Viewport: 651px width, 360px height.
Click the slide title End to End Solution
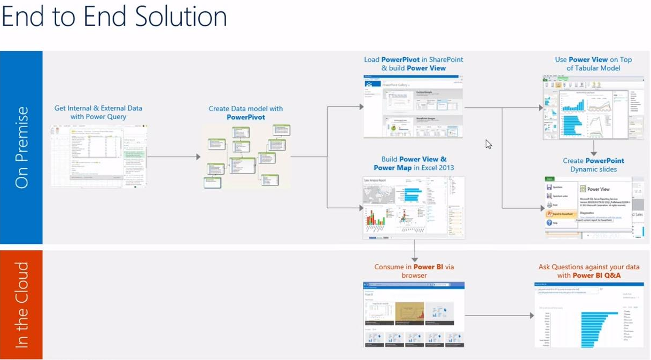pyautogui.click(x=114, y=17)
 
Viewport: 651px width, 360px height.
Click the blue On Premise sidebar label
pyautogui.click(x=21, y=147)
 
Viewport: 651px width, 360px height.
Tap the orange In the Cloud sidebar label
pyautogui.click(x=21, y=304)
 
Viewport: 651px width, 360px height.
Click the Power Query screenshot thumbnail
pyautogui.click(x=99, y=156)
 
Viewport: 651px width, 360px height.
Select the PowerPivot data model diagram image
pyautogui.click(x=246, y=156)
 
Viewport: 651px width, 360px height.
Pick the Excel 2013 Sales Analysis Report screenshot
pyautogui.click(x=414, y=207)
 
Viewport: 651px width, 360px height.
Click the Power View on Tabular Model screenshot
pyautogui.click(x=593, y=107)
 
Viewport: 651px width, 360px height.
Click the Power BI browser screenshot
pyautogui.click(x=414, y=315)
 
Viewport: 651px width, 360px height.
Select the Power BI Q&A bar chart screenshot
pyautogui.click(x=588, y=315)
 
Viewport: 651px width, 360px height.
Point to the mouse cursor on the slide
pyautogui.click(x=488, y=144)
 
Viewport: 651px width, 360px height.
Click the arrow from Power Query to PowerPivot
pyautogui.click(x=174, y=157)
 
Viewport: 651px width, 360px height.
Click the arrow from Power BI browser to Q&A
pyautogui.click(x=499, y=316)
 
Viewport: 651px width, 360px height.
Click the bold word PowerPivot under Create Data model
pyautogui.click(x=246, y=117)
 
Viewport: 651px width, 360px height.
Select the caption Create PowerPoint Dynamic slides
pyautogui.click(x=593, y=165)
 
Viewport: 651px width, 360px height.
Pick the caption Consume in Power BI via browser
pyautogui.click(x=414, y=271)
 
